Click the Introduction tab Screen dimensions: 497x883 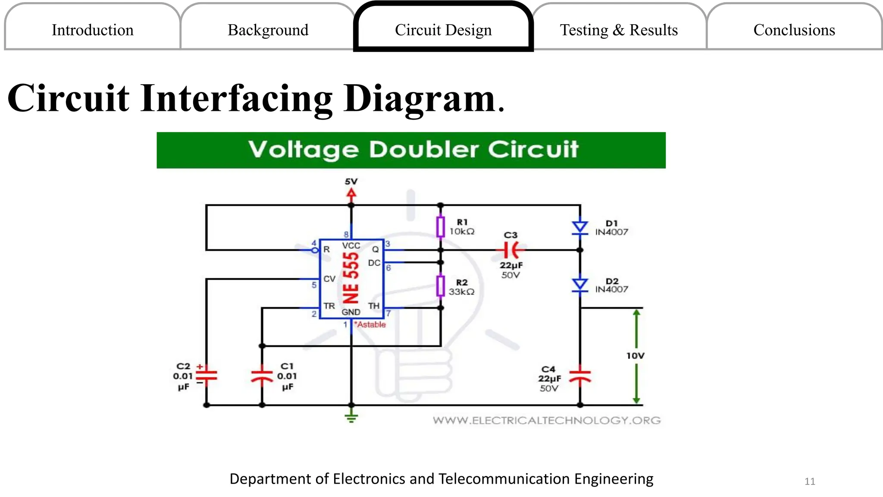pyautogui.click(x=92, y=30)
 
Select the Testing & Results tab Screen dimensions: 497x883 pyautogui.click(x=619, y=30)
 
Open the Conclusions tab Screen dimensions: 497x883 pyautogui.click(x=794, y=30)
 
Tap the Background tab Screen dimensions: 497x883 pyautogui.click(x=268, y=30)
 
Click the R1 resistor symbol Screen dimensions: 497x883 pyautogui.click(x=440, y=227)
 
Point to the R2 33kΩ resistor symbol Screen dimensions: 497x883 pyautogui.click(x=440, y=286)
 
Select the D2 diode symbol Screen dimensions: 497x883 pyautogui.click(x=580, y=285)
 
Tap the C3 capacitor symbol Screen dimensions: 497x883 pyautogui.click(x=511, y=250)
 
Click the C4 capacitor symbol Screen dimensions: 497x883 pyautogui.click(x=580, y=376)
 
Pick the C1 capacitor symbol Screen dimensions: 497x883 pyautogui.click(x=262, y=376)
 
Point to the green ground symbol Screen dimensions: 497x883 pyautogui.click(x=351, y=417)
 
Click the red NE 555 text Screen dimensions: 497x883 pyautogui.click(x=351, y=278)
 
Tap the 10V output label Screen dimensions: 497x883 pyautogui.click(x=636, y=356)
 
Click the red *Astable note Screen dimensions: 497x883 pyautogui.click(x=370, y=324)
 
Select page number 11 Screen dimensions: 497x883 pyautogui.click(x=810, y=481)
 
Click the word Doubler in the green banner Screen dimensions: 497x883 pyautogui.click(x=424, y=150)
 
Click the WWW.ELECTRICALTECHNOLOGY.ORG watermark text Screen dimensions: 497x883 pyautogui.click(x=547, y=420)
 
